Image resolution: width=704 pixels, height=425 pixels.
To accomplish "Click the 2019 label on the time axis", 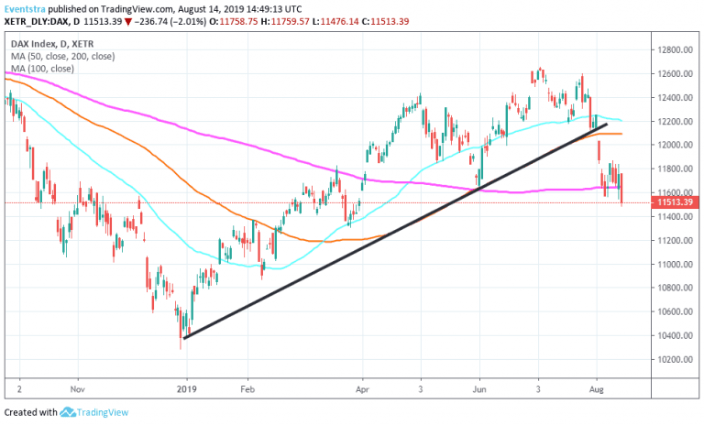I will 186,387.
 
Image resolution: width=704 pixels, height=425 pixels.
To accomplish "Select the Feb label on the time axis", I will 247,387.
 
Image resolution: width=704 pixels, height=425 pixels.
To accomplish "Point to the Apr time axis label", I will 362,387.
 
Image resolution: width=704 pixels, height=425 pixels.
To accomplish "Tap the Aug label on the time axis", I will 597,387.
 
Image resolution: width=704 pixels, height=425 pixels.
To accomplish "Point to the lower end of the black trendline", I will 185,338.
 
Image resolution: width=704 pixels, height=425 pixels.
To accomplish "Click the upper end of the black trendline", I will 606,124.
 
